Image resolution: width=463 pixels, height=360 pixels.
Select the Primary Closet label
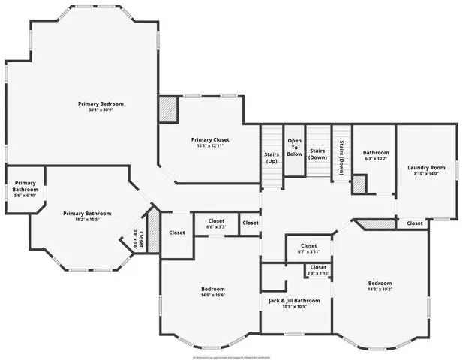click(209, 139)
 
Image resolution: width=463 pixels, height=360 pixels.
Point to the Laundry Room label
click(426, 167)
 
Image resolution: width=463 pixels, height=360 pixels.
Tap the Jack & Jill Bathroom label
click(294, 300)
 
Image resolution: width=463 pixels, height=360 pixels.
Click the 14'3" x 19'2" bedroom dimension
click(380, 289)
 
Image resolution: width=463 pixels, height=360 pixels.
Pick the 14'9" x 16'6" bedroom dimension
click(212, 295)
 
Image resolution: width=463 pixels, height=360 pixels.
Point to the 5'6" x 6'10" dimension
click(26, 196)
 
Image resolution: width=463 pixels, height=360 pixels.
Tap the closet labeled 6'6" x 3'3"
click(216, 227)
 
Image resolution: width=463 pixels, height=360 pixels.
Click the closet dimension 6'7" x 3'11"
click(308, 252)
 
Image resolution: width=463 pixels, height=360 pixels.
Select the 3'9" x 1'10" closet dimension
click(318, 273)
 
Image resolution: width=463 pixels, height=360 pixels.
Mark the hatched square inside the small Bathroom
click(359, 184)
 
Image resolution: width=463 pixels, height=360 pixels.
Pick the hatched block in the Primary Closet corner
click(167, 106)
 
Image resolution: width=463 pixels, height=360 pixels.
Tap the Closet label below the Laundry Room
click(414, 223)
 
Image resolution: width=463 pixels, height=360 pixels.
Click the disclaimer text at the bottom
click(231, 357)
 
